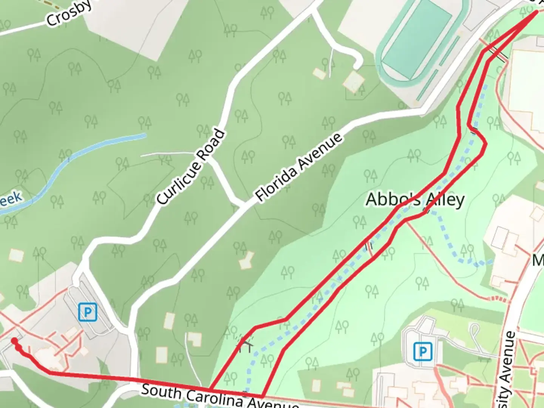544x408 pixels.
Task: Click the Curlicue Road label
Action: coord(191,167)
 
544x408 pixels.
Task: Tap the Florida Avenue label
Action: coord(299,167)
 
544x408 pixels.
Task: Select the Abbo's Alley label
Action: coord(415,199)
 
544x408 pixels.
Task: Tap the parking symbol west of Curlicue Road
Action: coord(88,312)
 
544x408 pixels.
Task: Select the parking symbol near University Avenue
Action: coord(422,352)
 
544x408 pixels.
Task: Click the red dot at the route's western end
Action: coord(14,341)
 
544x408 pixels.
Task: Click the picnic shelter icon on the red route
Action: coord(245,343)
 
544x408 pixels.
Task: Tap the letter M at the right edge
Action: coord(538,260)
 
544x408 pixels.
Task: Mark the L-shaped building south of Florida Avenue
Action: coord(247,260)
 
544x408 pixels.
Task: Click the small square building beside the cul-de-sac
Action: coord(354,80)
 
